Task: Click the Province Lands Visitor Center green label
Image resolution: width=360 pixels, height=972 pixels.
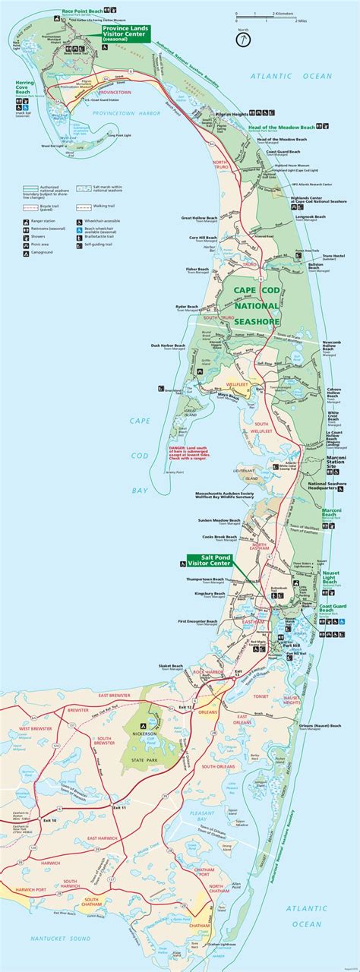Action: pyautogui.click(x=126, y=33)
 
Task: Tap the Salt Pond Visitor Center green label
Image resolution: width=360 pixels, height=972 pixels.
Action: pyautogui.click(x=208, y=561)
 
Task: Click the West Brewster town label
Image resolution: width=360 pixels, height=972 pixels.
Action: pyautogui.click(x=35, y=728)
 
